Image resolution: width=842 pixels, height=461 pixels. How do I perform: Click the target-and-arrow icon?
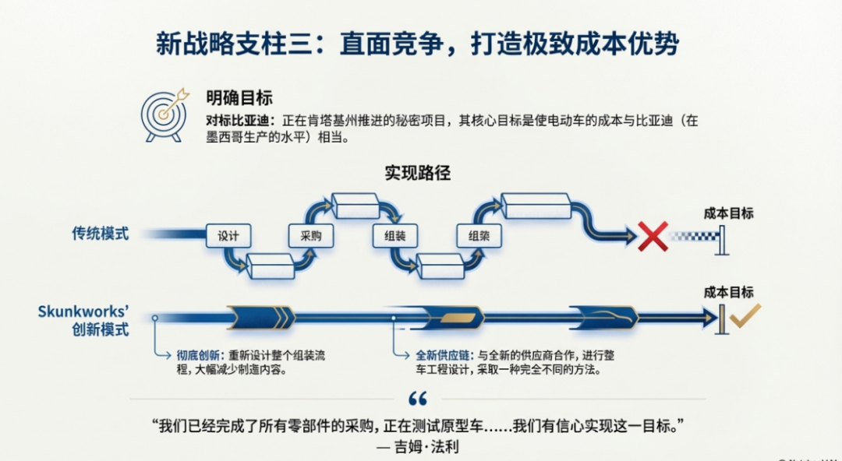point(165,114)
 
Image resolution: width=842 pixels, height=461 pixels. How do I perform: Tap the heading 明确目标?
point(239,97)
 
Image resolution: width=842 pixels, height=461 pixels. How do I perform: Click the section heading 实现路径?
point(417,173)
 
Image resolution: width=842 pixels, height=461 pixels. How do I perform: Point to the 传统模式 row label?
point(100,233)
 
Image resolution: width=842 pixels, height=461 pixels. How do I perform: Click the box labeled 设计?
point(228,236)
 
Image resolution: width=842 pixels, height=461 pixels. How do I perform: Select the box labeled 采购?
point(311,236)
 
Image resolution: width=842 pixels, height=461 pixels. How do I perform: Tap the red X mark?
point(653,236)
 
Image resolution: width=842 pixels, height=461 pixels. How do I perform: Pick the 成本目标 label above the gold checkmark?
point(728,291)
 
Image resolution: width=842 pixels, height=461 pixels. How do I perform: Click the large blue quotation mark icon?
point(418,399)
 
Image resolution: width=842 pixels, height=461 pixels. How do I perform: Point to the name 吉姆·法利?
point(433,448)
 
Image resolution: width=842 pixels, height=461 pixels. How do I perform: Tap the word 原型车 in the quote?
point(464,426)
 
